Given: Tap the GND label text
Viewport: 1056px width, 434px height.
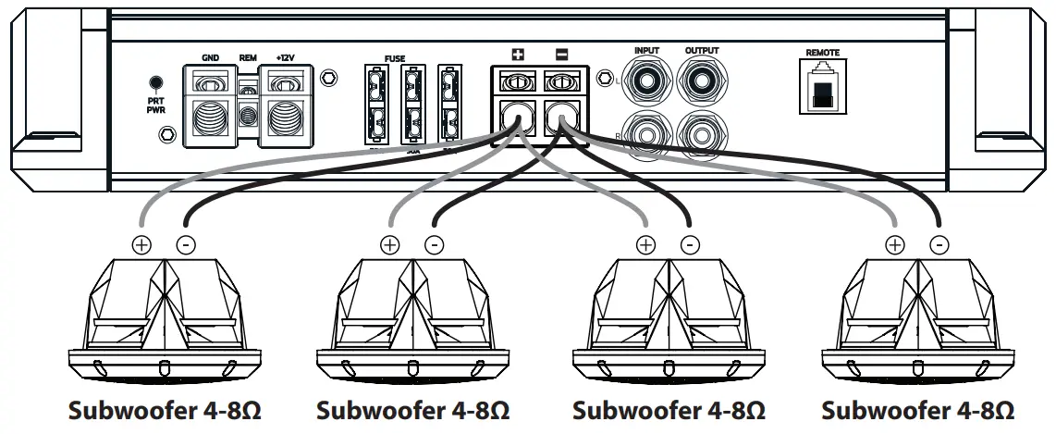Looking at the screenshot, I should click(210, 57).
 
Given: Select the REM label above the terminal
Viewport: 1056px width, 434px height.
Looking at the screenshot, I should click(247, 57).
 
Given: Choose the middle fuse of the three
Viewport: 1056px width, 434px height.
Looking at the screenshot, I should click(413, 105).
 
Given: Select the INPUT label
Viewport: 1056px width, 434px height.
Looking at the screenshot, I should click(647, 50).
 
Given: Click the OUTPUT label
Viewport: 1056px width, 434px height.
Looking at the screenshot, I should click(702, 50).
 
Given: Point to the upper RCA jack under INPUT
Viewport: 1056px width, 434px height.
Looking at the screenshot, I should click(647, 81).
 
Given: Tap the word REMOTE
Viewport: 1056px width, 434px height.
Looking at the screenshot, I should click(822, 54).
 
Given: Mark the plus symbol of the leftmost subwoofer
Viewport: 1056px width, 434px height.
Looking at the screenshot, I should click(141, 245).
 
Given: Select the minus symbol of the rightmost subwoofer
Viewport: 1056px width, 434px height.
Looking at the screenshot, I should click(939, 245).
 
